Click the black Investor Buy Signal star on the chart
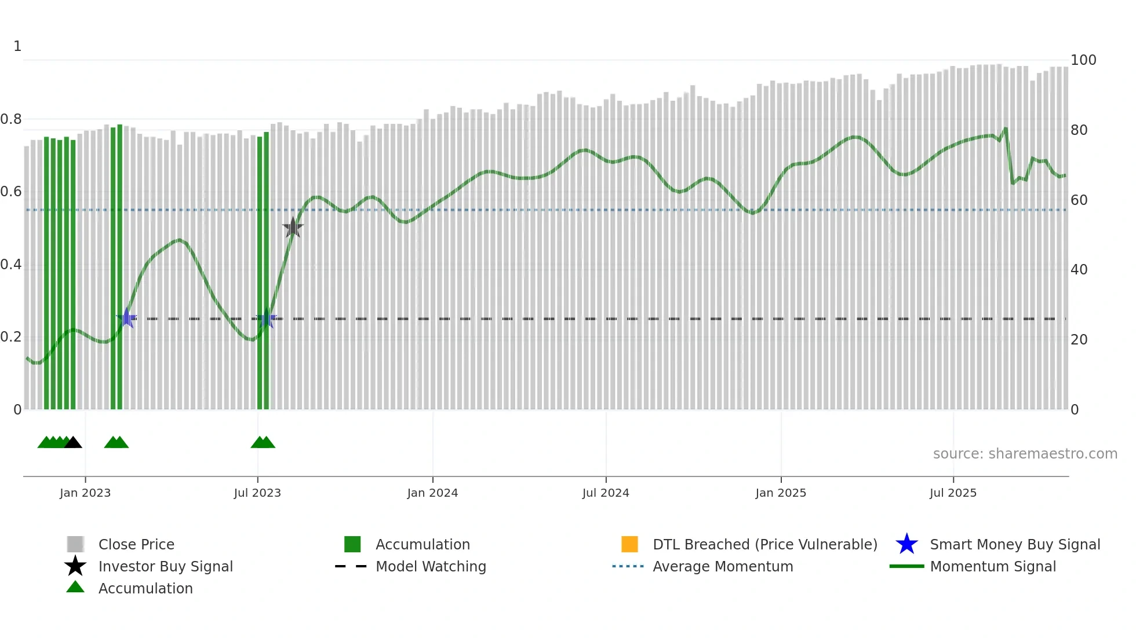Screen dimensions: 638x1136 [x=293, y=228]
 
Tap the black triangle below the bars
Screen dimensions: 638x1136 [x=73, y=443]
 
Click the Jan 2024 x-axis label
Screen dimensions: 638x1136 [x=432, y=493]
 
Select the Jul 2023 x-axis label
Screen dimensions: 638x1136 [x=257, y=493]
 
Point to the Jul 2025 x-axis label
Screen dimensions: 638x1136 [x=953, y=493]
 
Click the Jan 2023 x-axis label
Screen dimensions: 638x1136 [x=85, y=493]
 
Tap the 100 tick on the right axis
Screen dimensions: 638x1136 [x=1083, y=60]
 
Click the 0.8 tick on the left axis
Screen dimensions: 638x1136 [x=11, y=119]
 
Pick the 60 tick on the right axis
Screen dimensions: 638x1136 [x=1079, y=200]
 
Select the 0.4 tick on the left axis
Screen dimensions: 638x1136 [x=11, y=265]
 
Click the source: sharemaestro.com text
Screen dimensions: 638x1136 [x=1025, y=454]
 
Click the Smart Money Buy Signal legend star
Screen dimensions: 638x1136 [x=906, y=544]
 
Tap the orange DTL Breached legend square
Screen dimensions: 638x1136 [x=629, y=544]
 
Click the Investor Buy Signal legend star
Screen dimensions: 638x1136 [x=75, y=566]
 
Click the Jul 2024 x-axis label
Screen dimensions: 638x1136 [x=606, y=493]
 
